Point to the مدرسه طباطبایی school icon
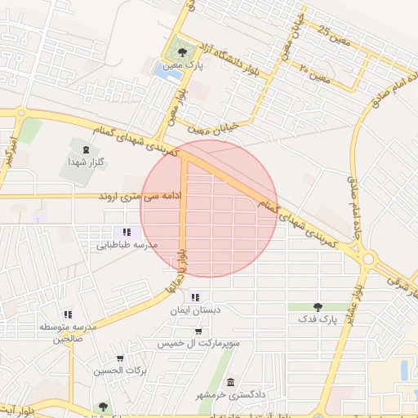[x=127, y=232]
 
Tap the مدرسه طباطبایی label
[x=127, y=244]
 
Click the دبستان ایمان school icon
[x=194, y=297]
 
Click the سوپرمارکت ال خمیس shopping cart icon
[x=198, y=331]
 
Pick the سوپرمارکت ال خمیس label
[x=198, y=344]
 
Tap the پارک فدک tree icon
[x=318, y=307]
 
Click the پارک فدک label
[x=318, y=318]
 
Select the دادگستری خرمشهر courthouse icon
[x=231, y=383]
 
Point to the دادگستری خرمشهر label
[x=231, y=395]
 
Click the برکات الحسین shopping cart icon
[x=120, y=358]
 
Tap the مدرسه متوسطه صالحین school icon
[x=68, y=313]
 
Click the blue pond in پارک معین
[x=167, y=72]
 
